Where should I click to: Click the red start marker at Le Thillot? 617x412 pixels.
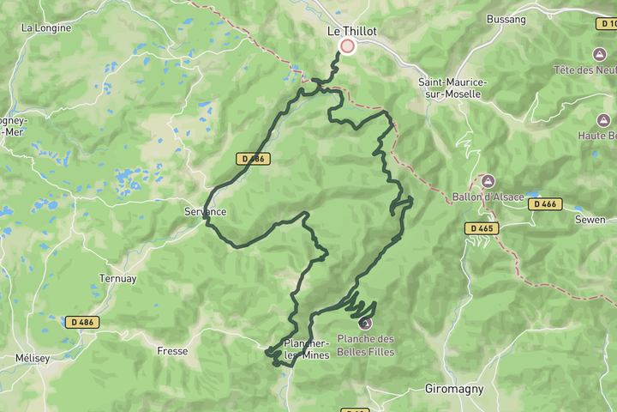click(x=347, y=46)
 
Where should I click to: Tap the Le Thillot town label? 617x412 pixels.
click(x=352, y=31)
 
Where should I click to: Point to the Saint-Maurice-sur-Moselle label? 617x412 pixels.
click(x=452, y=88)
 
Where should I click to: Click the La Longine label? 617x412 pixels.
click(x=46, y=27)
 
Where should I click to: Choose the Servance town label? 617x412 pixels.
click(x=205, y=211)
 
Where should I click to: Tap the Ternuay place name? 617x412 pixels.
click(x=117, y=279)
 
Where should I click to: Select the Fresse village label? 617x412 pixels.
click(x=172, y=350)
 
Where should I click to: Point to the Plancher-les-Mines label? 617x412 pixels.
click(x=306, y=349)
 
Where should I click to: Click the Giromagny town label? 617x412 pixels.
click(x=454, y=389)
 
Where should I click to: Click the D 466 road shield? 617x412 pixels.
click(x=545, y=204)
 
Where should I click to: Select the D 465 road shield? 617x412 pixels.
click(x=483, y=228)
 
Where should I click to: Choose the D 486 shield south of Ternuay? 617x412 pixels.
click(x=81, y=322)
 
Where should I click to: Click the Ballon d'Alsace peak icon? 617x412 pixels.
click(x=488, y=181)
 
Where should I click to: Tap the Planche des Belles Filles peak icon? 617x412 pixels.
click(x=366, y=324)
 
